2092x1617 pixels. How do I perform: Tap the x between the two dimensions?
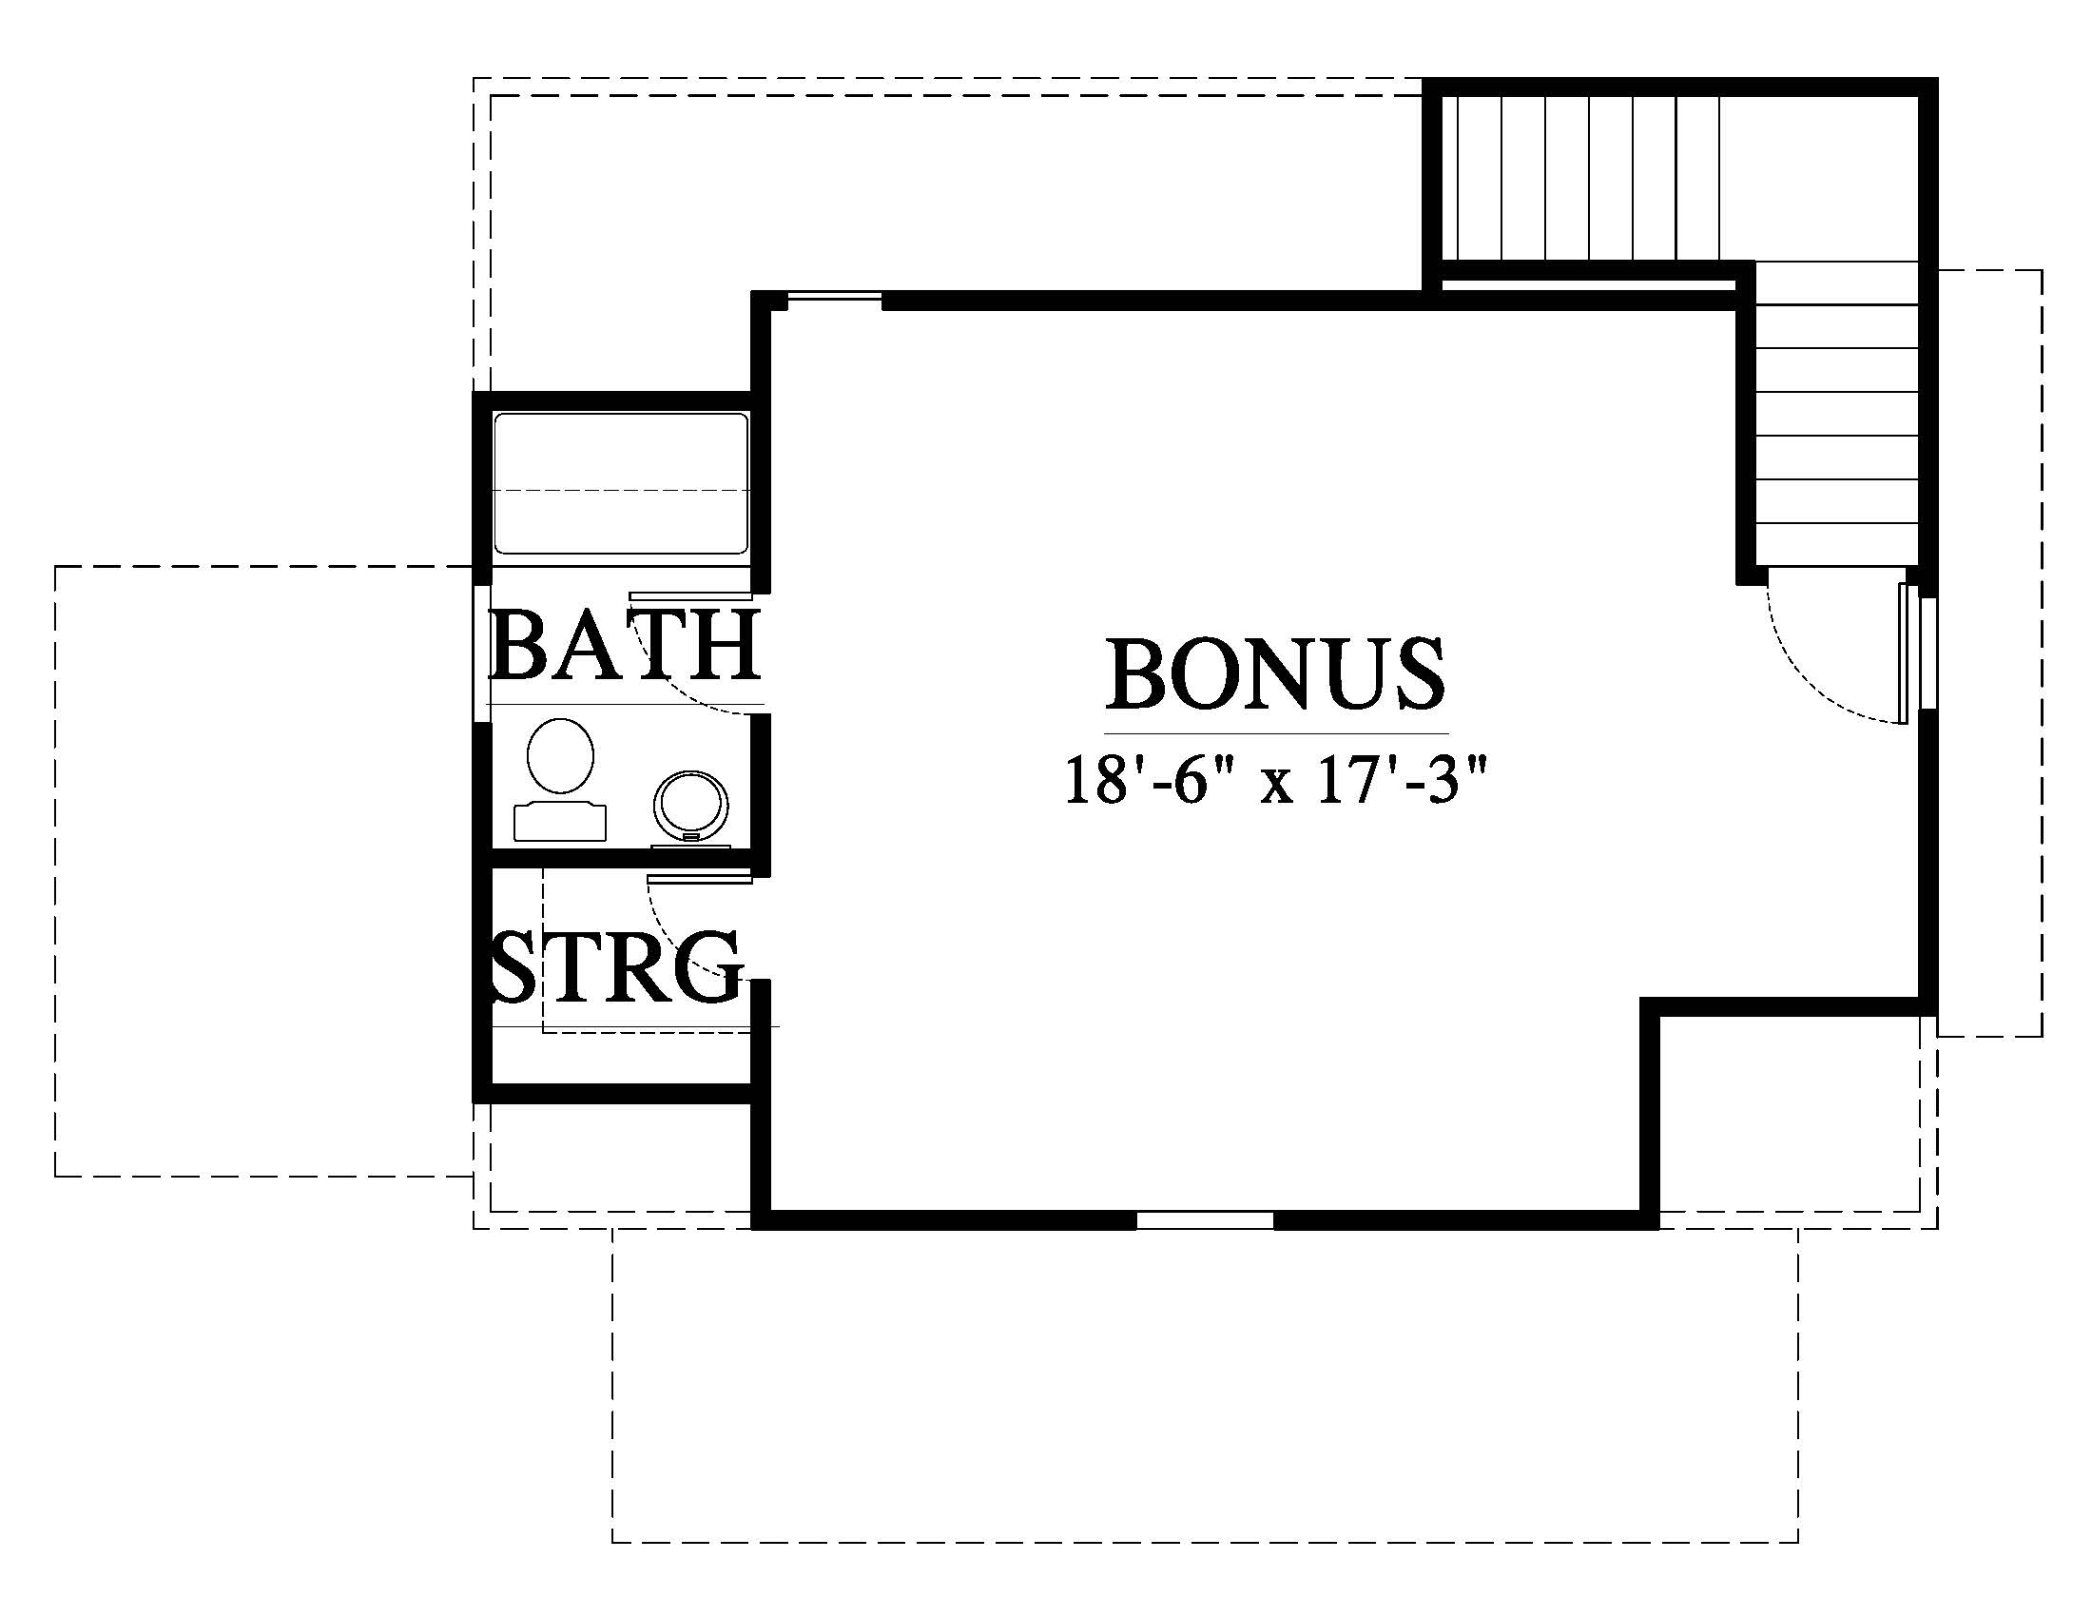click(x=1279, y=788)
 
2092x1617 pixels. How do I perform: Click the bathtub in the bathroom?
click(x=620, y=484)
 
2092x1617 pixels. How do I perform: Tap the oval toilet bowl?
click(x=560, y=756)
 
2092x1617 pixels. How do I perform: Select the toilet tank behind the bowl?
click(x=560, y=823)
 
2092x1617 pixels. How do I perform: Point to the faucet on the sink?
click(x=689, y=836)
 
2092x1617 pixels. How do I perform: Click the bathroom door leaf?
click(x=689, y=595)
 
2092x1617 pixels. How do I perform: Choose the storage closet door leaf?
click(x=700, y=878)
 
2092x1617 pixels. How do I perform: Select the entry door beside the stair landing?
click(x=1906, y=653)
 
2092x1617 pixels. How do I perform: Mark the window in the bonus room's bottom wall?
click(x=1205, y=1219)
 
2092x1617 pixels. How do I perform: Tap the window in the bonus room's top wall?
click(x=832, y=301)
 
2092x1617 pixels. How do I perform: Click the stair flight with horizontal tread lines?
click(x=1837, y=414)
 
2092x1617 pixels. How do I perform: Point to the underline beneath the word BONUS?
click(x=1276, y=733)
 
